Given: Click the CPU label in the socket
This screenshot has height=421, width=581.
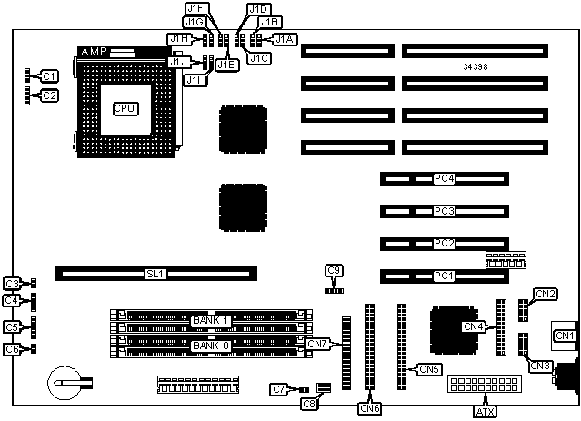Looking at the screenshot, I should click(125, 108).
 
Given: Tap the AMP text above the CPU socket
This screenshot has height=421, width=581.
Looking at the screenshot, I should click(95, 52).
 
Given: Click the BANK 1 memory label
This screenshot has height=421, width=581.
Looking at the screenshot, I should click(211, 321).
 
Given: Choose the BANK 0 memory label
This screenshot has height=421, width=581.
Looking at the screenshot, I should click(211, 346).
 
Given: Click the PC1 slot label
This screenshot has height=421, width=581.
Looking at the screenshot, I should click(443, 275).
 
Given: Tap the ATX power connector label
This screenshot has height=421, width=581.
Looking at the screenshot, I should click(486, 412).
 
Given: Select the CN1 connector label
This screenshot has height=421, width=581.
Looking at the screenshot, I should click(565, 336).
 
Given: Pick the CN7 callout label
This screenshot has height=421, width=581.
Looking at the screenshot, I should click(316, 344).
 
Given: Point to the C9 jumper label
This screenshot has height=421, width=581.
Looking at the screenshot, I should click(335, 270).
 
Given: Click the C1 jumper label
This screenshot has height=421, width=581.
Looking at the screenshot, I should click(49, 75).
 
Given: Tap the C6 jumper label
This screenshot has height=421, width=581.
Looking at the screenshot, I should click(12, 349).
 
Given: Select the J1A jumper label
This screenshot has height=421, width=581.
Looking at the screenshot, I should click(284, 39).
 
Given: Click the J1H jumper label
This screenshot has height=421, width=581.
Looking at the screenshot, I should click(178, 39).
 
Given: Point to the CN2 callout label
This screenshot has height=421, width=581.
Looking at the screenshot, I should click(546, 293).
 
